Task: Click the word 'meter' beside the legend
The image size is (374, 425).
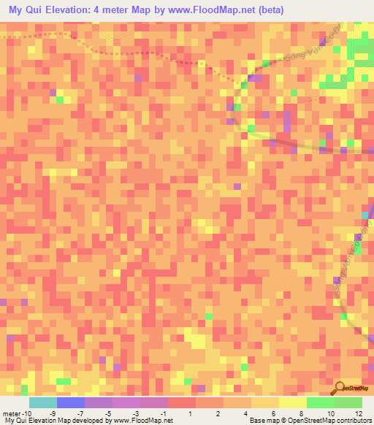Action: coord(12,414)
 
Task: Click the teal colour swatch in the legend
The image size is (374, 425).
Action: coord(43,402)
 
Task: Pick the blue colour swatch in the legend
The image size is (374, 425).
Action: coord(71,402)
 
